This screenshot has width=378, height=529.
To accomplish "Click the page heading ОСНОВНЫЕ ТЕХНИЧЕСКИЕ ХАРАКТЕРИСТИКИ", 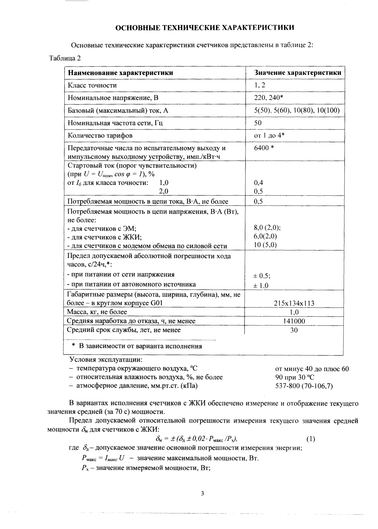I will (x=204, y=27).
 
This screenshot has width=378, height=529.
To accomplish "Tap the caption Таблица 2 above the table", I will (x=65, y=58).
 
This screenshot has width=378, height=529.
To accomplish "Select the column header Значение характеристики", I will (x=298, y=73).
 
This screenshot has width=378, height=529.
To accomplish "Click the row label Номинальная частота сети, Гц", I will (x=115, y=123).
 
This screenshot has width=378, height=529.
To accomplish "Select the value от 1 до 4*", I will (x=269, y=135).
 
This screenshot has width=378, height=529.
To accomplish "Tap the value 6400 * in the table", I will (x=264, y=148).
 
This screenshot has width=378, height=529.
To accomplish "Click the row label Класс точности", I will (x=92, y=85).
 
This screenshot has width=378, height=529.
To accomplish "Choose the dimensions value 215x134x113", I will (x=294, y=303).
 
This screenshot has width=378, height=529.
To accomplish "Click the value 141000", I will (x=294, y=321).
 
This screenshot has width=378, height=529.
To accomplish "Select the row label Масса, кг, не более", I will (x=97, y=312).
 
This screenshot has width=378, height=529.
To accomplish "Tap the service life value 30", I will (x=294, y=330).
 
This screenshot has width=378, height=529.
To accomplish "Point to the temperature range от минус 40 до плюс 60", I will (x=312, y=369).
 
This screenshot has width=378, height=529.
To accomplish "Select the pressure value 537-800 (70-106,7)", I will (x=304, y=386).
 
